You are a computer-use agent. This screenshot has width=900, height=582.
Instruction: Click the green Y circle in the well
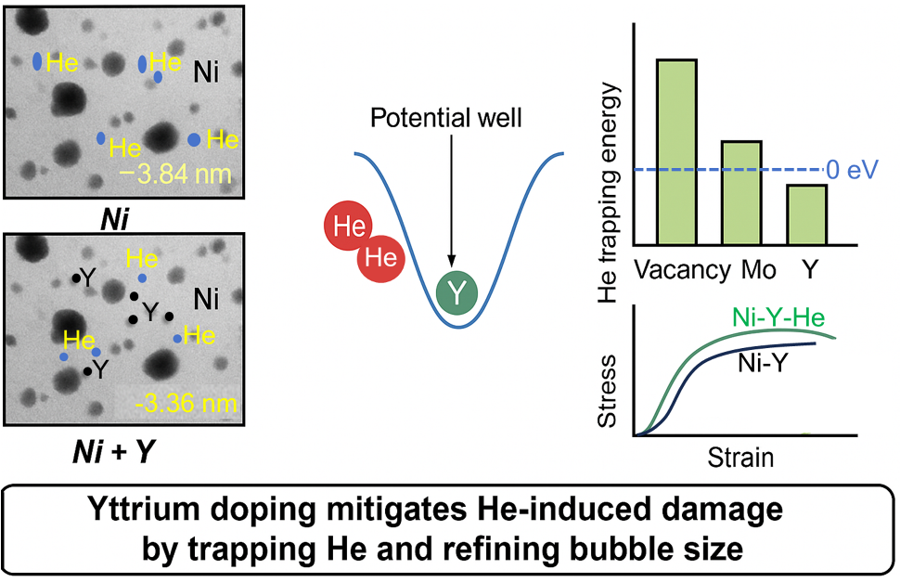click(x=456, y=293)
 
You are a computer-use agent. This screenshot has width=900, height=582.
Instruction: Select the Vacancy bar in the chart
click(x=677, y=152)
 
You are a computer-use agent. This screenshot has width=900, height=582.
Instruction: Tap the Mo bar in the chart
click(x=741, y=193)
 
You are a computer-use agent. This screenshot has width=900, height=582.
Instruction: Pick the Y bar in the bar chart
click(x=806, y=215)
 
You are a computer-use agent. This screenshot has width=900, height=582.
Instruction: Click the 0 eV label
click(x=853, y=170)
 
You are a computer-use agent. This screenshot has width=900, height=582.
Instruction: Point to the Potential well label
click(x=446, y=118)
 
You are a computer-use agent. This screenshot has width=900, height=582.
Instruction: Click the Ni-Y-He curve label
click(x=778, y=317)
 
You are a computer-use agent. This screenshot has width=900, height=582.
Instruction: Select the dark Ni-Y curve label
click(x=763, y=363)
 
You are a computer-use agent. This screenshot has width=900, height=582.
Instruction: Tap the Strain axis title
click(x=740, y=458)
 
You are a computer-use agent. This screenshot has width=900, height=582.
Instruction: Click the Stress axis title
click(x=607, y=392)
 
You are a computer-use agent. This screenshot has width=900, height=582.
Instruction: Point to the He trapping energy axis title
click(x=608, y=192)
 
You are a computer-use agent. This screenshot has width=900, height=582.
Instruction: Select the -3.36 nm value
click(x=186, y=403)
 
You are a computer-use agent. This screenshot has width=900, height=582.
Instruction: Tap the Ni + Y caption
click(x=114, y=452)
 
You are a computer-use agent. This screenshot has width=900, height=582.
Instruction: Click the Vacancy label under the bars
click(x=683, y=270)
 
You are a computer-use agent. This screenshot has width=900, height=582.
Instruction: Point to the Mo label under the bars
click(x=758, y=270)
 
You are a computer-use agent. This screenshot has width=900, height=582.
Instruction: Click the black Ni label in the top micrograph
click(x=206, y=72)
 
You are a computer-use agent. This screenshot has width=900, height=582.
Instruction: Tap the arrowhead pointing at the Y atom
click(x=452, y=261)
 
